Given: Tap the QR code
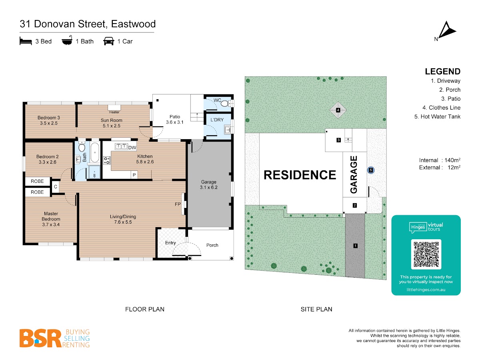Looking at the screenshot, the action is pyautogui.click(x=426, y=254).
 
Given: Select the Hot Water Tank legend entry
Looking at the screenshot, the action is pyautogui.click(x=437, y=116).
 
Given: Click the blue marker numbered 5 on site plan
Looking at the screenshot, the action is pyautogui.click(x=371, y=170).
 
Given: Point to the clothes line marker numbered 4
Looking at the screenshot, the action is pyautogui.click(x=338, y=110).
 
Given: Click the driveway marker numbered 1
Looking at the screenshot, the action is pyautogui.click(x=355, y=246).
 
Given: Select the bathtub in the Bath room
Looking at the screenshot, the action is pyautogui.click(x=95, y=152).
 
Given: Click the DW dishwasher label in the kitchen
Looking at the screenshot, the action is pyautogui.click(x=132, y=148).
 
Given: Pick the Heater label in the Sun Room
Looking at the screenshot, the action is pyautogui.click(x=114, y=112).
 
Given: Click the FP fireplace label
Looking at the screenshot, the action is pyautogui.click(x=178, y=204).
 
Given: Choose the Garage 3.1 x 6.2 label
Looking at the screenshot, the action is pyautogui.click(x=209, y=184).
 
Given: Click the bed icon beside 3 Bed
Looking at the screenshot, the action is pyautogui.click(x=26, y=41).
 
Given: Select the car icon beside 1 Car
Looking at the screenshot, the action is pyautogui.click(x=109, y=41).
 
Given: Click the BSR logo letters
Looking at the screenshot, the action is pyautogui.click(x=40, y=338).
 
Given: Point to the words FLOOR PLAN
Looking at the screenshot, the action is pyautogui.click(x=145, y=309).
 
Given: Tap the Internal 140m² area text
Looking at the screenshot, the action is pyautogui.click(x=440, y=160).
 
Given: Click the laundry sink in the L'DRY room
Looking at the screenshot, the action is pyautogui.click(x=228, y=130).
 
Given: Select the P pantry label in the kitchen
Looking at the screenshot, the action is pyautogui.click(x=134, y=175).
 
